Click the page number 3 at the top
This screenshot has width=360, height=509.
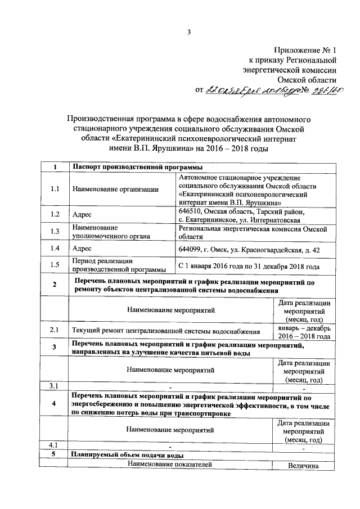[x=190, y=32]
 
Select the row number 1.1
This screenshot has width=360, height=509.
[x=55, y=189]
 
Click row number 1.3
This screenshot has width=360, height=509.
[x=55, y=231]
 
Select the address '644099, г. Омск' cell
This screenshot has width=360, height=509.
[x=249, y=249]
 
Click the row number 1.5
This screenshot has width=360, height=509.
[x=55, y=265]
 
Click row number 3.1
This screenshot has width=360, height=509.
[x=55, y=385]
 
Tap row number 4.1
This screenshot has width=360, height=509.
[x=55, y=445]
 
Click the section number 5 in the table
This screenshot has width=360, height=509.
[x=55, y=454]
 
